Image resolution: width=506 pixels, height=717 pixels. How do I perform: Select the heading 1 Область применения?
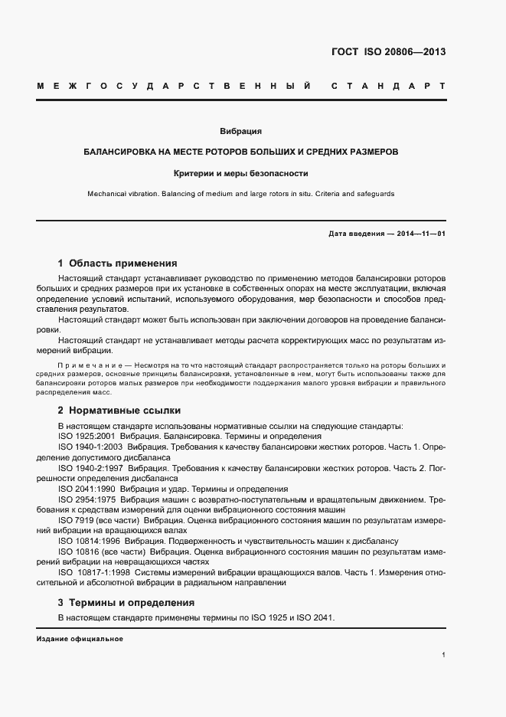click(117, 263)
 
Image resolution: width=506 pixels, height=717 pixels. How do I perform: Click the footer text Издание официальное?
click(80, 639)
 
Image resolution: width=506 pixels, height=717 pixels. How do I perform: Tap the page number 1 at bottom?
click(444, 655)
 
